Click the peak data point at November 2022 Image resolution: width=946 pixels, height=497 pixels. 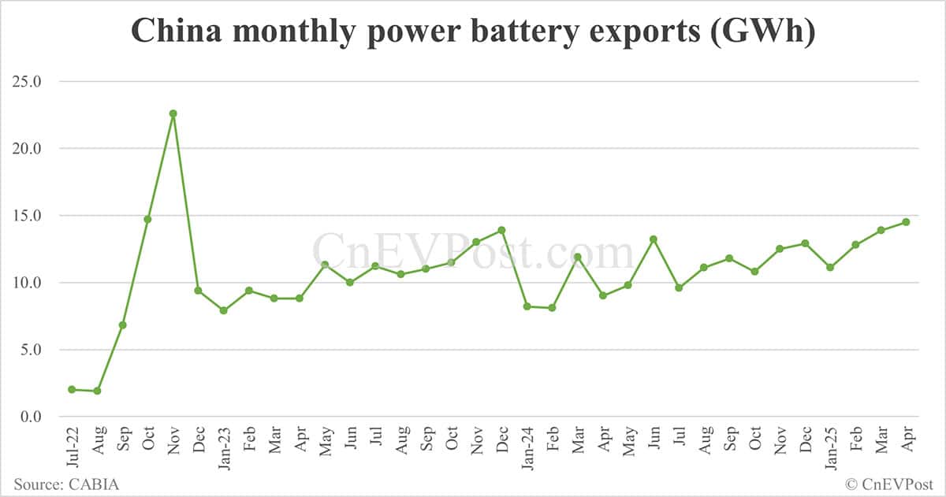[173, 113]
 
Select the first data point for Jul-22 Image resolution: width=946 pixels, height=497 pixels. [72, 389]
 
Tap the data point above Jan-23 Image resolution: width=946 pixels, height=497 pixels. [223, 310]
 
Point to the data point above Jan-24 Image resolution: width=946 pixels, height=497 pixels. [527, 306]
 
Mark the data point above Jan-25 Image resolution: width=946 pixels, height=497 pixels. [830, 267]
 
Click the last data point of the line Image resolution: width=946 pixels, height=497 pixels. [906, 222]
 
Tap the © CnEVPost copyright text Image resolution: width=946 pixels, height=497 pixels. [888, 484]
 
